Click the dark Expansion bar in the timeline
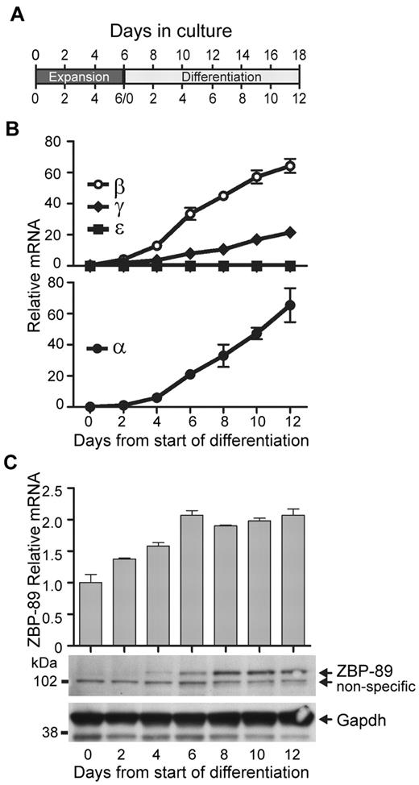pyautogui.click(x=79, y=77)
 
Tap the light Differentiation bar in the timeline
pyautogui.click(x=212, y=77)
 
